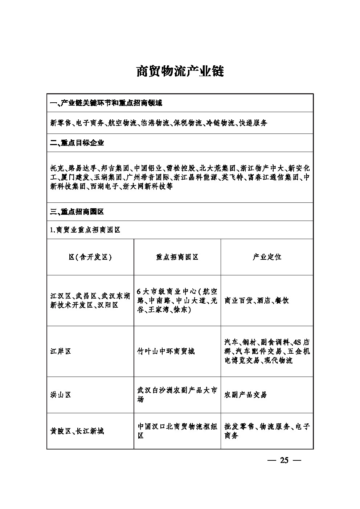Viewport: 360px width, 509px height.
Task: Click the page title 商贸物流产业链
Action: pos(180,71)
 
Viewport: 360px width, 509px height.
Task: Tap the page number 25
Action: pos(284,460)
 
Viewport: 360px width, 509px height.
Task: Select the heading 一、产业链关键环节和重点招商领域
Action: pos(106,103)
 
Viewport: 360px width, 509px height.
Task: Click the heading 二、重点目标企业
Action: pos(77,143)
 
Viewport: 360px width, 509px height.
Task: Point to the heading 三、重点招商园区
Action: pos(77,212)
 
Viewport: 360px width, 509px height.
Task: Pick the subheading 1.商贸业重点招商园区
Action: pos(85,230)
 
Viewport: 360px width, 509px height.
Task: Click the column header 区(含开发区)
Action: pos(90,257)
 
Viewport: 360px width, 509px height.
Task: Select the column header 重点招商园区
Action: pos(177,257)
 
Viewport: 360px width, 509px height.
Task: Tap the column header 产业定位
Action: pos(267,257)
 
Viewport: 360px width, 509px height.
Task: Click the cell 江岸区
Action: pos(61,351)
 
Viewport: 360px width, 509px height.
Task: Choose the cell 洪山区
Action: pos(61,395)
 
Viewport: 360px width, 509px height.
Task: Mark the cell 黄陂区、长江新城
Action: pos(77,431)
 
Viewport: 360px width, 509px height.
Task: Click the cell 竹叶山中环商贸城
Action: pos(166,351)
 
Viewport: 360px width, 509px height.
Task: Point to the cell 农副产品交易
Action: pos(246,395)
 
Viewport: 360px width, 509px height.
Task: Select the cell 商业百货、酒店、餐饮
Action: pos(257,300)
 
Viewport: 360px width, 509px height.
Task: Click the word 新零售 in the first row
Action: pos(60,123)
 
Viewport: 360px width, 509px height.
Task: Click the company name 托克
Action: pos(57,168)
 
